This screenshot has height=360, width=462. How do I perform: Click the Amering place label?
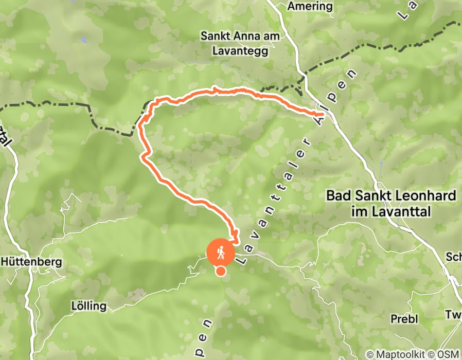tap(310, 6)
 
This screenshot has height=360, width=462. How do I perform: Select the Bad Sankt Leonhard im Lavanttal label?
tap(391, 203)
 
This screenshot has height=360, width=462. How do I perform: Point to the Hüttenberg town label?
tap(32, 262)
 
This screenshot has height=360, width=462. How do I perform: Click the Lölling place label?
tap(88, 307)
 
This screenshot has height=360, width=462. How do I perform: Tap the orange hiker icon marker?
tap(221, 252)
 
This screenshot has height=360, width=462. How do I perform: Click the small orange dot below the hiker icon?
tap(221, 271)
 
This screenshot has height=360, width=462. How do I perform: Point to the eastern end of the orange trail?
tap(321, 114)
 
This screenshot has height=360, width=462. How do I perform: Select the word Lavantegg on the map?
tap(244, 50)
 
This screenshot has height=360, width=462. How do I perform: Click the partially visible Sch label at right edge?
tap(453, 257)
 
